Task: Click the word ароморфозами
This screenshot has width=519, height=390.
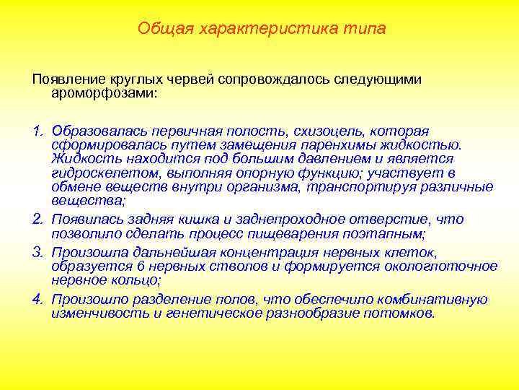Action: [x=102, y=93]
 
